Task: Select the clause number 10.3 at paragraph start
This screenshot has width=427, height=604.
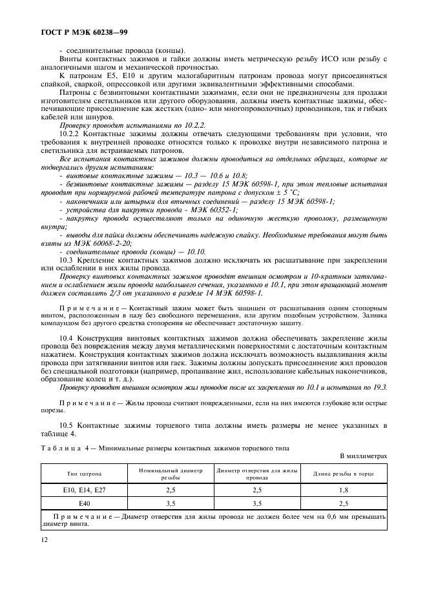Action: click(66, 258)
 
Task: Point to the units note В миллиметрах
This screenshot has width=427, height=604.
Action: click(364, 456)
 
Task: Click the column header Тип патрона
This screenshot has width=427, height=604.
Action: click(84, 474)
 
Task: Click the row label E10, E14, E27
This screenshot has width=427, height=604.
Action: click(84, 490)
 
